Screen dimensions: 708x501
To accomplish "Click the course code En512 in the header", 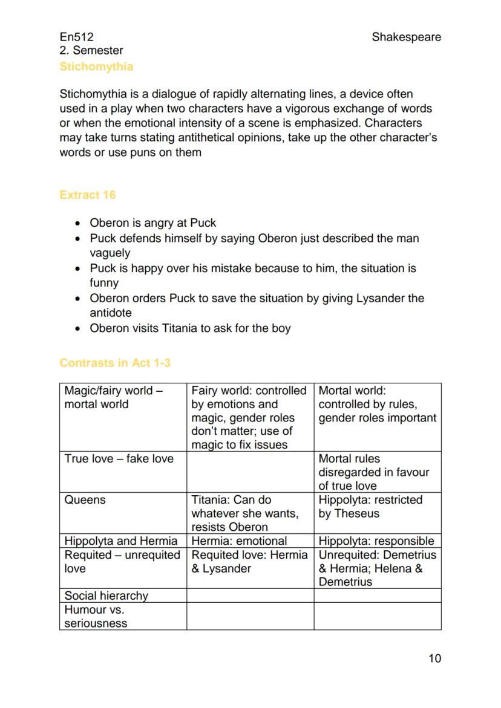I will [x=76, y=37].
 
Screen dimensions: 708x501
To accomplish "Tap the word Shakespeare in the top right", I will [x=406, y=37].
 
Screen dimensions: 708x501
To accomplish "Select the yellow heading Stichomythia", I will [x=96, y=67].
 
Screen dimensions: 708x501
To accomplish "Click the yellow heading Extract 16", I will [x=88, y=195].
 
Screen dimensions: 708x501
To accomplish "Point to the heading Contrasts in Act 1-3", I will [x=115, y=363].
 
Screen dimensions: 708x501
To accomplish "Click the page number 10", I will [x=434, y=658].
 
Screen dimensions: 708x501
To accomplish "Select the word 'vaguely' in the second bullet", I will [x=110, y=253].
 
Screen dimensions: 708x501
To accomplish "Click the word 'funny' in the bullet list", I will [x=104, y=282].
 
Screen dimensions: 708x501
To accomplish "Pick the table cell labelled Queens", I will [x=85, y=500].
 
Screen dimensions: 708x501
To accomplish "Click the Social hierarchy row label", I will [x=106, y=596].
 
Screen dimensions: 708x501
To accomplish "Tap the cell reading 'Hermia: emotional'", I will [x=239, y=541].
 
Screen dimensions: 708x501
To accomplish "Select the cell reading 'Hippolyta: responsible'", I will [x=376, y=541].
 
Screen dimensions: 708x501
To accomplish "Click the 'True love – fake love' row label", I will [x=119, y=459].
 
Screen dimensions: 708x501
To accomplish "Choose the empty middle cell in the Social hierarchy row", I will [x=250, y=596].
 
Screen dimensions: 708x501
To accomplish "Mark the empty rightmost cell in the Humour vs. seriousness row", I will [x=377, y=616].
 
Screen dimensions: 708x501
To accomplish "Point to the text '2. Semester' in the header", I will [x=91, y=51].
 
